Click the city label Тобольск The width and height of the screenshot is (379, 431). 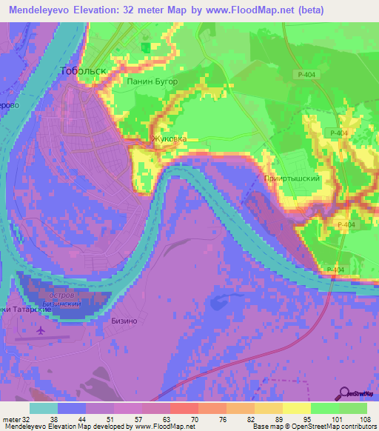coord(82,70)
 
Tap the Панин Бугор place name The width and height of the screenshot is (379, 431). coord(152,81)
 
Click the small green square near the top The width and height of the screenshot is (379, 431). coord(145,47)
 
